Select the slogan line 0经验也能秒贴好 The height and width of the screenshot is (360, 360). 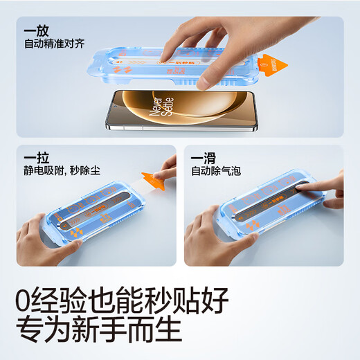point(122,299)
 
